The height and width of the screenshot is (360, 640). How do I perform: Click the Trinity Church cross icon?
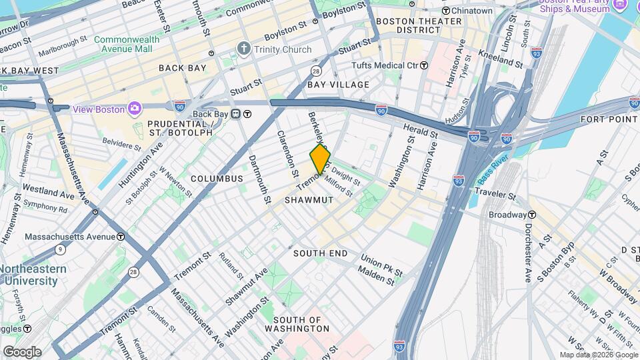click(244, 49)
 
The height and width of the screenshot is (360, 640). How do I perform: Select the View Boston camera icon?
click(134, 109)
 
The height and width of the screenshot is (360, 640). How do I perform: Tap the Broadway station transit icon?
click(532, 215)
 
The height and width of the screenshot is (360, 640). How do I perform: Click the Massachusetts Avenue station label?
click(69, 237)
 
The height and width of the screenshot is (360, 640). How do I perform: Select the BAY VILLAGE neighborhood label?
click(338, 85)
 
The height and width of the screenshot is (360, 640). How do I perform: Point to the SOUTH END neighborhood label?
click(320, 253)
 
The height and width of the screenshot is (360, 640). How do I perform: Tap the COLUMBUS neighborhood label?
click(217, 179)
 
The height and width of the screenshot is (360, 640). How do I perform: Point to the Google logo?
click(21, 351)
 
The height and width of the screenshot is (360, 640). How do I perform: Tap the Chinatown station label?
click(471, 11)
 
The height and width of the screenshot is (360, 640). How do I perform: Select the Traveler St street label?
click(493, 194)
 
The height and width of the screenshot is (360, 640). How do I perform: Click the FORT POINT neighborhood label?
click(609, 119)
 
